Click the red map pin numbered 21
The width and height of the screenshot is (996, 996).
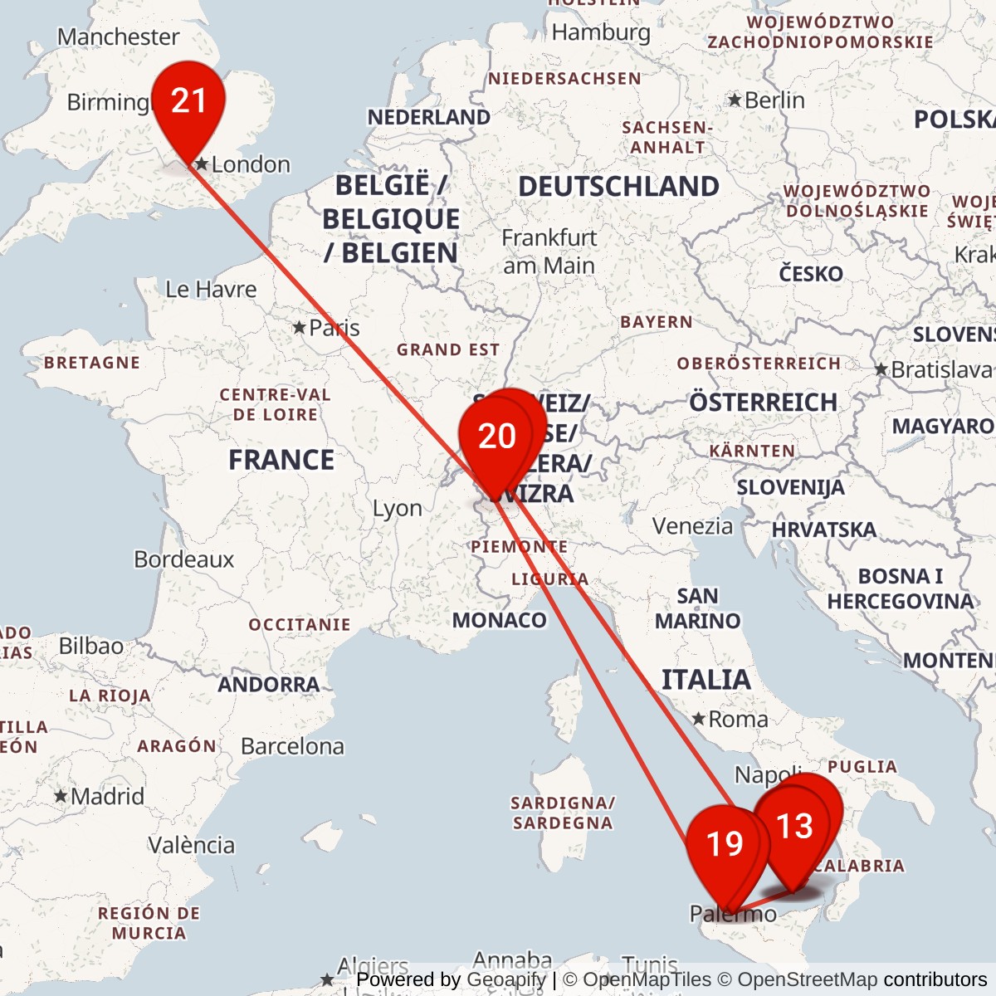click(188, 102)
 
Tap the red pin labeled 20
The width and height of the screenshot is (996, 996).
click(496, 437)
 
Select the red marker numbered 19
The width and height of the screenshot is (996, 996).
click(724, 844)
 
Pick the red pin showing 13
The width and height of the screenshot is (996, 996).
click(794, 826)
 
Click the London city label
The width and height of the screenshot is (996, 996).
click(251, 164)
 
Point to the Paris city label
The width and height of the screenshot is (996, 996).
click(334, 328)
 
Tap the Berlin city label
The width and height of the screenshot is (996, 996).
click(774, 100)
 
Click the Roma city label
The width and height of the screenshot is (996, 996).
click(738, 720)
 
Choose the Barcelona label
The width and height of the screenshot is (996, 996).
click(292, 747)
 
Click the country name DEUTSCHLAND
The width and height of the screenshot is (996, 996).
click(618, 187)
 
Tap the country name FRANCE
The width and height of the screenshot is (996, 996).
click(281, 460)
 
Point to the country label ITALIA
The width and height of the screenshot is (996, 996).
click(705, 681)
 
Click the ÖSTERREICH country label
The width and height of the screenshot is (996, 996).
click(763, 403)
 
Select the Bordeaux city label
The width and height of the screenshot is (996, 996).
click(184, 559)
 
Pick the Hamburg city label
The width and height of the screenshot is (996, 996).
click(601, 32)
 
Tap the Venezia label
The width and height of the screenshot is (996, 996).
click(692, 526)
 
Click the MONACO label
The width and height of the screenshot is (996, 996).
click(499, 621)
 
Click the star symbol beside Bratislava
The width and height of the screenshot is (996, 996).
click(881, 369)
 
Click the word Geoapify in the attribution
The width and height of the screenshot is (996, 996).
click(505, 980)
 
